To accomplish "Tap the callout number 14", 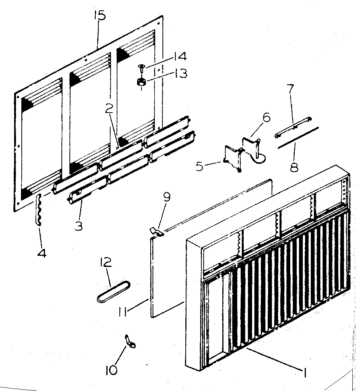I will [179, 57].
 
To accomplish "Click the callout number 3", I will [79, 226].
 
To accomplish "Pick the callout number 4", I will [42, 252].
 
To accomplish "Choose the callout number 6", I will [265, 117].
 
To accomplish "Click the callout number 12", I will [106, 262].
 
